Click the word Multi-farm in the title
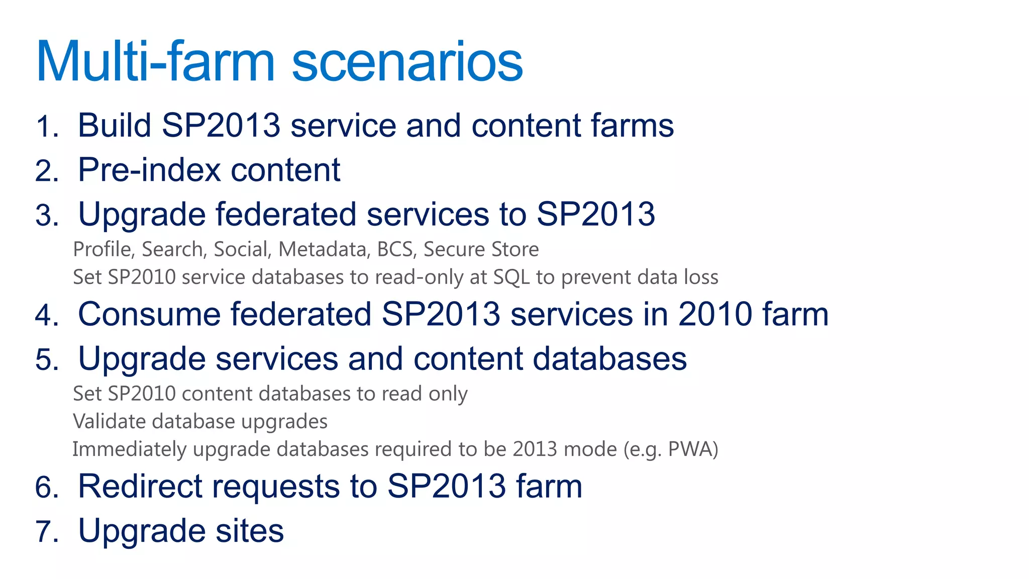pyautogui.click(x=156, y=61)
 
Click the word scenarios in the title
pyautogui.click(x=407, y=61)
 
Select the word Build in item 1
pyautogui.click(x=115, y=125)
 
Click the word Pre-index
pyautogui.click(x=149, y=170)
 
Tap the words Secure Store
pyautogui.click(x=481, y=249)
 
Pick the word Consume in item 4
pyautogui.click(x=149, y=314)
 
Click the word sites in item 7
pyautogui.click(x=249, y=531)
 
